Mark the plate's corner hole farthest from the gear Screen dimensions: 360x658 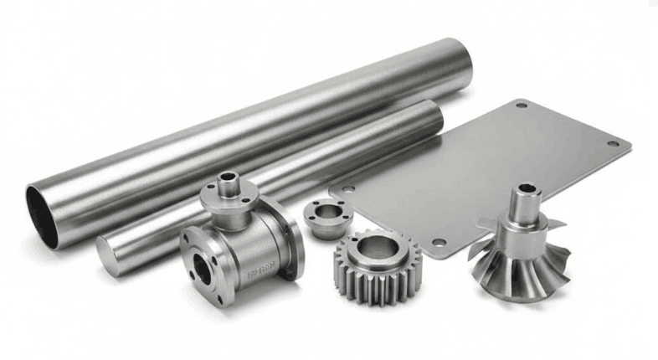click(x=522, y=106)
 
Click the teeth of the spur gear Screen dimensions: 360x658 click(x=352, y=276)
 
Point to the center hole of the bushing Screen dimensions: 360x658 click(x=322, y=208)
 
